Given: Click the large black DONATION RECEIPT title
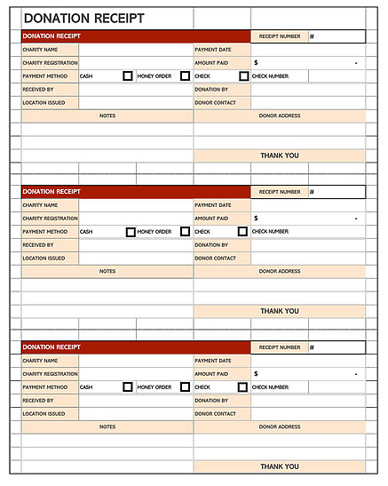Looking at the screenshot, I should (83, 18).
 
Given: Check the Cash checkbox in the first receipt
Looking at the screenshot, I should (129, 76).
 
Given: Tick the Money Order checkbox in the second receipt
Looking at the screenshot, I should (185, 232).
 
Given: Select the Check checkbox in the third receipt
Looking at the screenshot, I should (243, 387).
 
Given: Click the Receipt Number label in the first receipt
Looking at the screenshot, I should (279, 36).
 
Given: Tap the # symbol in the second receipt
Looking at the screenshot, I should (312, 192).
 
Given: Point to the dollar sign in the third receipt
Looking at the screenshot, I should (256, 374).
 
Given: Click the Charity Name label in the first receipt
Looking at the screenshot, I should (40, 50).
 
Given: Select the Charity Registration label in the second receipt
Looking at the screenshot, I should (50, 219).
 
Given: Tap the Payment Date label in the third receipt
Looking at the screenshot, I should (212, 361).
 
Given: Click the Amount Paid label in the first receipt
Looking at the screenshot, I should (211, 63).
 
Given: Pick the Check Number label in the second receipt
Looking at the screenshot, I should (270, 232).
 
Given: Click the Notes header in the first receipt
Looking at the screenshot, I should (107, 116).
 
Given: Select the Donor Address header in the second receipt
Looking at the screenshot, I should (279, 271).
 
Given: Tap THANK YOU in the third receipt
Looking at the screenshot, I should (279, 466).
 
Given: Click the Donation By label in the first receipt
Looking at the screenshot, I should (211, 90).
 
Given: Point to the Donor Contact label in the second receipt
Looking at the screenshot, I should (214, 259).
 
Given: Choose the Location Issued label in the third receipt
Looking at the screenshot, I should (44, 414).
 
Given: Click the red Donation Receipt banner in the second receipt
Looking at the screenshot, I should (107, 192).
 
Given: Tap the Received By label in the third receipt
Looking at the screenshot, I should (38, 401).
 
